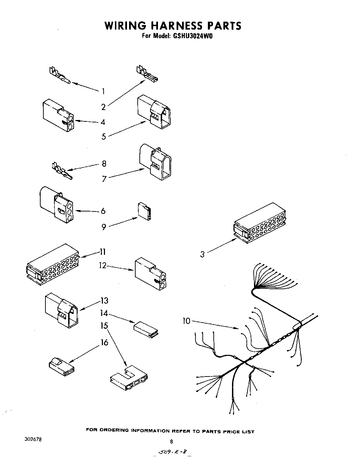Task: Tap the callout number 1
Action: [x=103, y=91]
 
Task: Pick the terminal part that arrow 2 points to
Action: [x=147, y=74]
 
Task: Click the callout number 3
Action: [x=202, y=254]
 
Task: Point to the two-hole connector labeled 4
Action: [x=58, y=116]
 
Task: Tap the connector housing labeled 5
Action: [x=154, y=112]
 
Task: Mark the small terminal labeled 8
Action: [x=62, y=171]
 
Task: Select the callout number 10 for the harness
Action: [x=186, y=321]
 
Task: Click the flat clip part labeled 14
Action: [x=146, y=328]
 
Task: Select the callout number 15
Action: [x=104, y=325]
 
